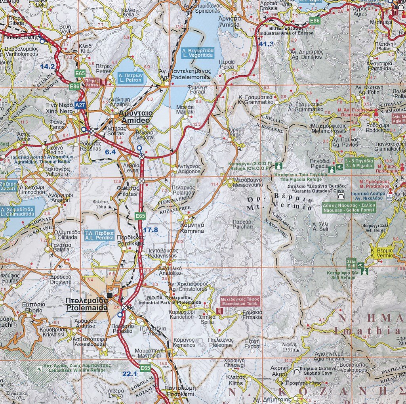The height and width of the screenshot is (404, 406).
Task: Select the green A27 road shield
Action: pyautogui.click(x=80, y=105)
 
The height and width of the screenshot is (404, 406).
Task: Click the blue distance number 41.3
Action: pyautogui.click(x=267, y=44)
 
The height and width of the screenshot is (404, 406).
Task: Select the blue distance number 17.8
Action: pyautogui.click(x=151, y=230)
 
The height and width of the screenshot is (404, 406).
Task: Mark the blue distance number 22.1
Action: pyautogui.click(x=130, y=373)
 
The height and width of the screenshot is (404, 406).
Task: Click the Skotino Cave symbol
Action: pyautogui.click(x=296, y=371)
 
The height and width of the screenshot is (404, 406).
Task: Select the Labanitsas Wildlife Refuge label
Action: pyautogui.click(x=77, y=367)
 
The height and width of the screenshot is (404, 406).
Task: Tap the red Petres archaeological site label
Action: pyautogui.click(x=92, y=82)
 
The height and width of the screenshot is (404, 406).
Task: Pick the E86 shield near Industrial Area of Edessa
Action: pyautogui.click(x=315, y=21)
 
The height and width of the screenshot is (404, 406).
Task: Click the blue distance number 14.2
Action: pyautogui.click(x=47, y=66)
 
